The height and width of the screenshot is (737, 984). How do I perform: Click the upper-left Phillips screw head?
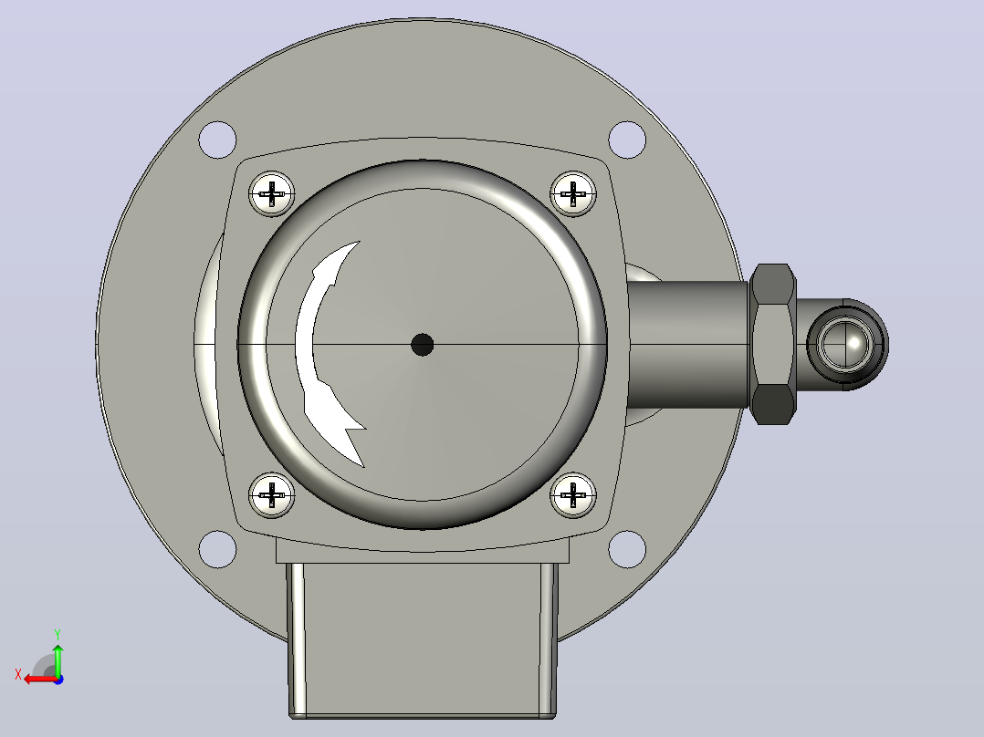click(272, 193)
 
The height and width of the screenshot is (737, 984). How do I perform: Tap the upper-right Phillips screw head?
click(573, 193)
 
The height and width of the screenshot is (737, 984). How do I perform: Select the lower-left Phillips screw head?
click(272, 495)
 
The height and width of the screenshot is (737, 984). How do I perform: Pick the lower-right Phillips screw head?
click(573, 495)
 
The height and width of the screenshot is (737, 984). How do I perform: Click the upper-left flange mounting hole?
click(218, 140)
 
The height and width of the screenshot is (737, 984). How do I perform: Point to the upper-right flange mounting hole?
click(627, 140)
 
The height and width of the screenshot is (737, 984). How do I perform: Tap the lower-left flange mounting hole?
click(218, 549)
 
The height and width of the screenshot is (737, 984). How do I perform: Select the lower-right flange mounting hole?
click(627, 549)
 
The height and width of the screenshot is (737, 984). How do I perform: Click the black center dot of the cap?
click(423, 345)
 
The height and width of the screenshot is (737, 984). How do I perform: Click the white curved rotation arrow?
click(305, 351)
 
